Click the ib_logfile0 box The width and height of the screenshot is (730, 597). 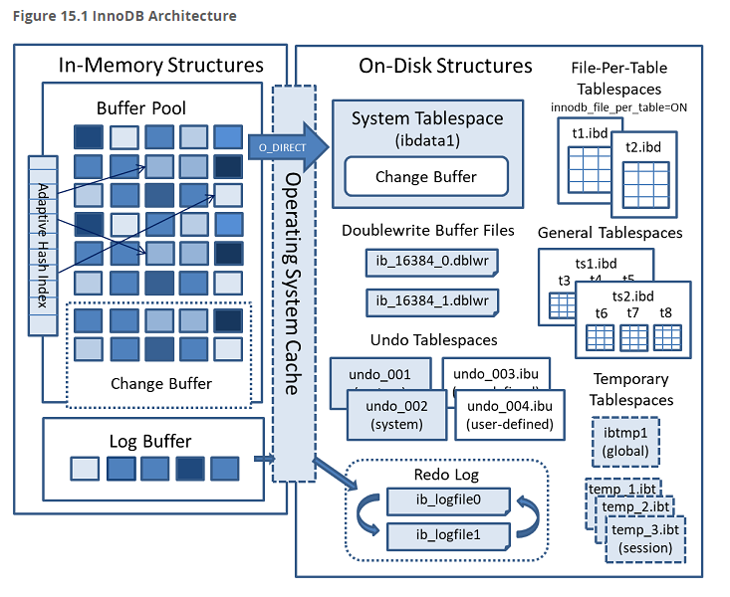click(447, 498)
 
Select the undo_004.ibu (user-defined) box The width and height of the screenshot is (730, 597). click(509, 414)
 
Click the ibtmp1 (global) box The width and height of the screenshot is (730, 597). click(623, 441)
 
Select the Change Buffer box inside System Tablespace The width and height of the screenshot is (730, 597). click(425, 177)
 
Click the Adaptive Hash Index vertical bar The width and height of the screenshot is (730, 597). click(43, 232)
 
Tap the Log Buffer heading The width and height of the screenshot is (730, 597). click(149, 441)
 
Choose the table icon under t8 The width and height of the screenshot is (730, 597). click(665, 338)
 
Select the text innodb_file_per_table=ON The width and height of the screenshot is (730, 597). click(618, 106)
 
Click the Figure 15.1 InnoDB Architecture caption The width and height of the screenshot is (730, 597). click(124, 17)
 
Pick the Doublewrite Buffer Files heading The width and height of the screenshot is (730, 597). click(428, 230)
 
